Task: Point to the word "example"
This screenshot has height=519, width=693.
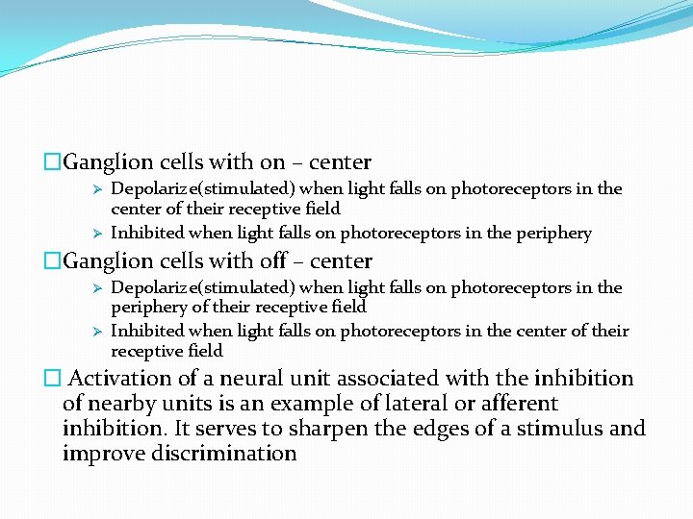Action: (303, 404)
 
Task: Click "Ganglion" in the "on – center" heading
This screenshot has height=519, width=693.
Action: (103, 163)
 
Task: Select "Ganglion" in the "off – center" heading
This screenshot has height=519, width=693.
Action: (103, 261)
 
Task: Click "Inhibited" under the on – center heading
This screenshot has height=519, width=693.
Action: (147, 233)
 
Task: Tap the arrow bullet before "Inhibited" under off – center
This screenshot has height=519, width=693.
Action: (96, 331)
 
